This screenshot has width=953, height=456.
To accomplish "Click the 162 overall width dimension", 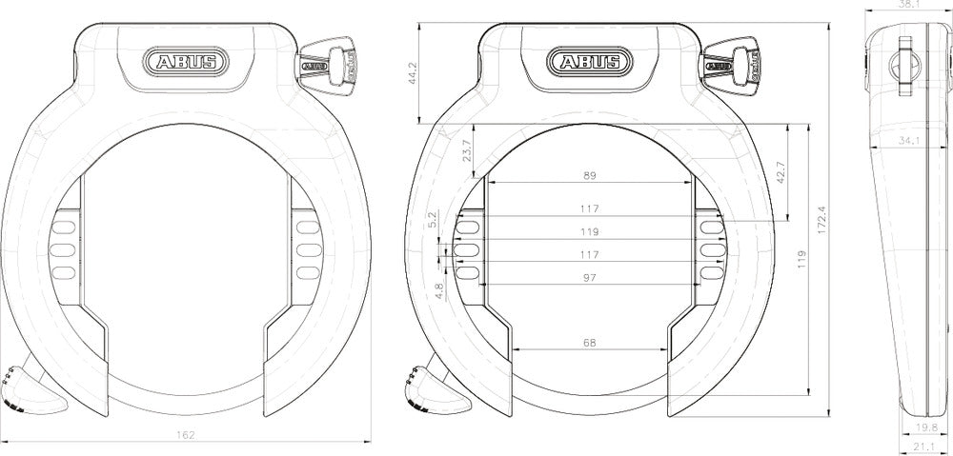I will (x=186, y=434).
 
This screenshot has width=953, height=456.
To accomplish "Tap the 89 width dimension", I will (x=589, y=176).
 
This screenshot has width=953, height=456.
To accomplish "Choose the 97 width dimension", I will (x=589, y=277).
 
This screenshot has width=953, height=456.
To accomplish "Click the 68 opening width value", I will (x=589, y=342).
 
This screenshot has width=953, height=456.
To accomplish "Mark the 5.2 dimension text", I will (x=434, y=220).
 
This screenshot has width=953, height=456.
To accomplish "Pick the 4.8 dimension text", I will (x=439, y=290).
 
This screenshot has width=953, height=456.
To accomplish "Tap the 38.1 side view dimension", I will (x=910, y=5).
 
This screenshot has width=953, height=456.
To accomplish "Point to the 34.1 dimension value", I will (x=909, y=141).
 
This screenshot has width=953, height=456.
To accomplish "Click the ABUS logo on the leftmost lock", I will (x=185, y=63).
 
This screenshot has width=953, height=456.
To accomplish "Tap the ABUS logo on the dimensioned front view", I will (x=589, y=63).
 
